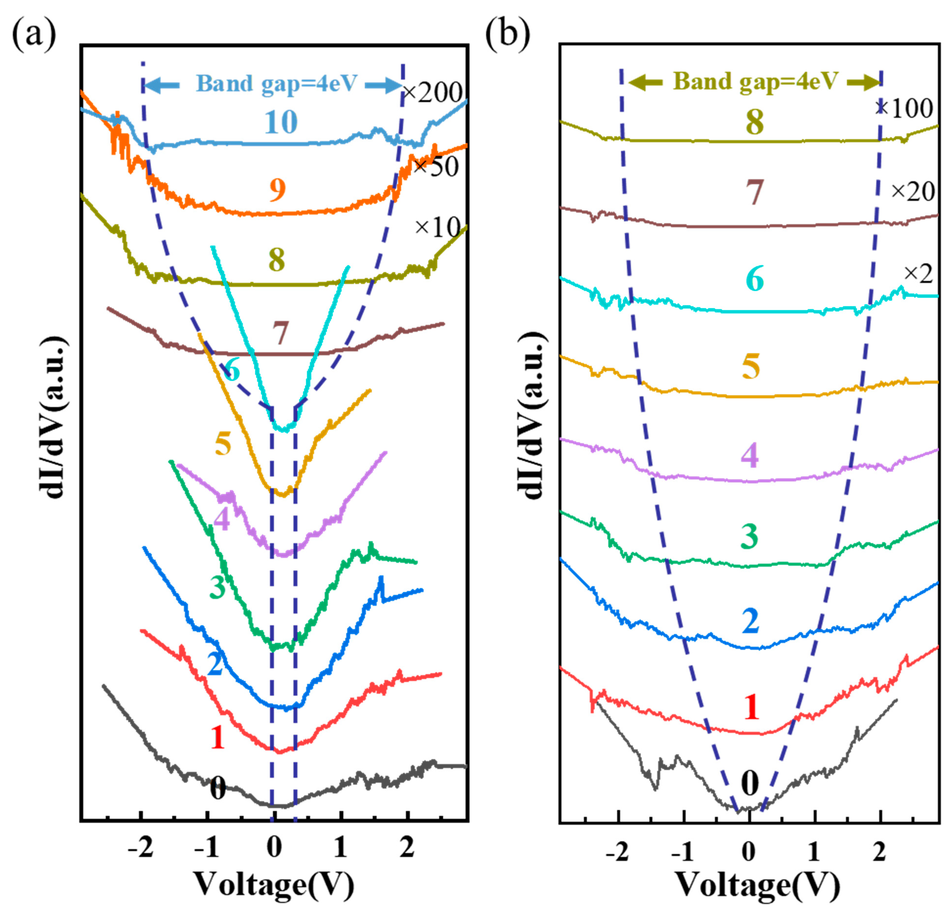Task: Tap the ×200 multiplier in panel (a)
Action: tap(432, 92)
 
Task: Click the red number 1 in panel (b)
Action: tap(751, 707)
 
